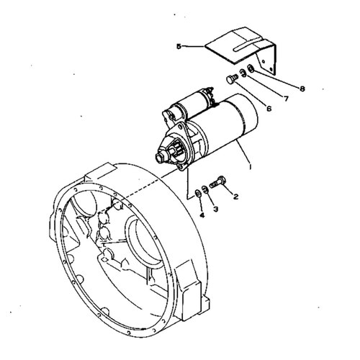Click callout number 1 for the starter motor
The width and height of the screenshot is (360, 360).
click(250, 166)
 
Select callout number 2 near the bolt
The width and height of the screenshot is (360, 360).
click(235, 197)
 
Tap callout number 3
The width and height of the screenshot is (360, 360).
click(216, 209)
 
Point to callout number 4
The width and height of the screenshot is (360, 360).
click(202, 215)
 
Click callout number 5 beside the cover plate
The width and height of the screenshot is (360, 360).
click(179, 46)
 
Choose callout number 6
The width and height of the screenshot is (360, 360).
click(269, 109)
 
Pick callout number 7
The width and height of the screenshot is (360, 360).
click(286, 99)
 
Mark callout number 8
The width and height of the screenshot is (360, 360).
click(302, 89)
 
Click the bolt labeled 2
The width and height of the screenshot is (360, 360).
click(217, 182)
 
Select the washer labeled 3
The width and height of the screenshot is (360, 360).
click(204, 189)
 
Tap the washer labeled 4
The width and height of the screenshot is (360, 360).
click(198, 193)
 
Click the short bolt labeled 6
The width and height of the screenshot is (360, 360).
click(233, 78)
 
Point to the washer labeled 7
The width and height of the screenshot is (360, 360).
click(243, 73)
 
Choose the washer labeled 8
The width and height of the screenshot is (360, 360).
click(250, 68)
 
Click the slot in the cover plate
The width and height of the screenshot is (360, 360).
click(247, 47)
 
